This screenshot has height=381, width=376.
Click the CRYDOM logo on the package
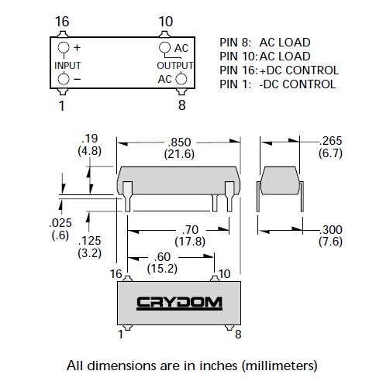tap(179, 304)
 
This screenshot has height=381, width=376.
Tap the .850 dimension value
tap(179, 142)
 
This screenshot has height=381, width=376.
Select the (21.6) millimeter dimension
tap(179, 154)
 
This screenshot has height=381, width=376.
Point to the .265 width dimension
tap(330, 141)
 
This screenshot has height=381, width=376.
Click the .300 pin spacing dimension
tap(331, 230)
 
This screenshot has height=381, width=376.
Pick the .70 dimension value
tap(190, 230)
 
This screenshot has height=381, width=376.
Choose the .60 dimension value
tap(162, 257)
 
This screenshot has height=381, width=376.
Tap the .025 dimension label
tap(60, 223)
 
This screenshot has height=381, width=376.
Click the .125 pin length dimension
tap(89, 241)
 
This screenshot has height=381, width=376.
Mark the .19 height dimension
tap(89, 139)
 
